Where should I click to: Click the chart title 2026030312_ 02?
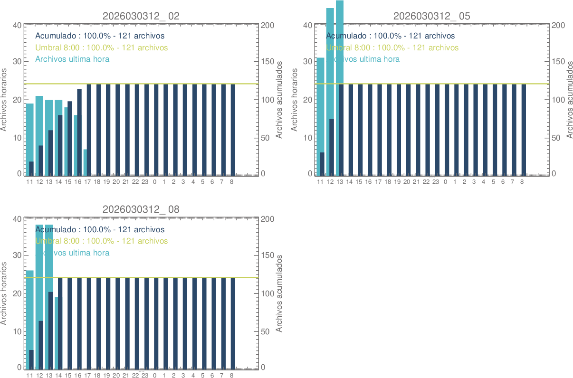141,16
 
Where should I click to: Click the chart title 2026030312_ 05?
432,16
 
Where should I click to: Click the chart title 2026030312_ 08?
141,209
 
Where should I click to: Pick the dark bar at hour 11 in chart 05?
322,164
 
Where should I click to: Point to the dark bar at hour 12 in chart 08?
41,344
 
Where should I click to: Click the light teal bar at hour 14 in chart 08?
56,332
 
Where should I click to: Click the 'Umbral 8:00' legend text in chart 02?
102,47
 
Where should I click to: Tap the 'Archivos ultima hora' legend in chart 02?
73,59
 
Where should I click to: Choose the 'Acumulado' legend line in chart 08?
100,229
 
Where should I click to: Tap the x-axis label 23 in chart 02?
145,181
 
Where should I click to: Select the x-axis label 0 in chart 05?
445,181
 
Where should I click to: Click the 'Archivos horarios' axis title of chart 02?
4,100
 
